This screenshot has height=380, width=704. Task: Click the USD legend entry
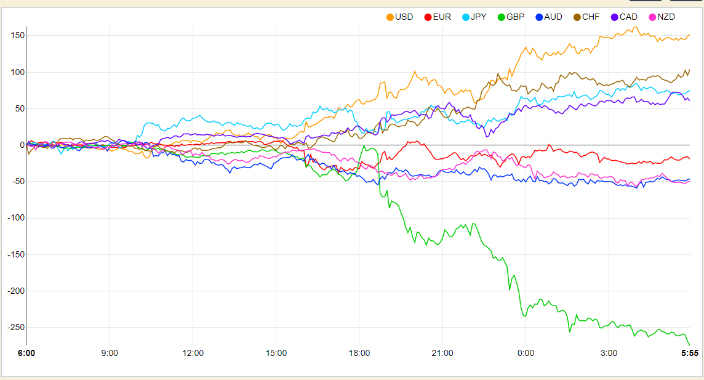pyautogui.click(x=399, y=17)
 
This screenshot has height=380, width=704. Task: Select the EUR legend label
pyautogui.click(x=438, y=17)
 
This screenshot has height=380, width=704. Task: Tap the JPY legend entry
pyautogui.click(x=474, y=17)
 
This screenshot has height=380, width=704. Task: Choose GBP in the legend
pyautogui.click(x=511, y=17)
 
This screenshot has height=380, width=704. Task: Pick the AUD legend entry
pyautogui.click(x=549, y=17)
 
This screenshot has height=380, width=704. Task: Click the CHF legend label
pyautogui.click(x=586, y=17)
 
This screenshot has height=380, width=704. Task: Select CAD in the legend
pyautogui.click(x=624, y=17)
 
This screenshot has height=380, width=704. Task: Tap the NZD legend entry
pyautogui.click(x=662, y=17)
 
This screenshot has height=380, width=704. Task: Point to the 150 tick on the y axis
pyautogui.click(x=18, y=36)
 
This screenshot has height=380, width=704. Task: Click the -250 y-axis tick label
pyautogui.click(x=16, y=328)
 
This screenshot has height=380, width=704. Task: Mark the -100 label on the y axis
pyautogui.click(x=16, y=218)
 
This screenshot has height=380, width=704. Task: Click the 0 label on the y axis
pyautogui.click(x=22, y=145)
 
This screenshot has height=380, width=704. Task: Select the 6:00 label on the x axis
pyautogui.click(x=26, y=353)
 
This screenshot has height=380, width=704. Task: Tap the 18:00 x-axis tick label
pyautogui.click(x=359, y=353)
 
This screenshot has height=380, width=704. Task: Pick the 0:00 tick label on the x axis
pyautogui.click(x=526, y=353)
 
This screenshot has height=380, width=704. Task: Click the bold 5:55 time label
pyautogui.click(x=690, y=353)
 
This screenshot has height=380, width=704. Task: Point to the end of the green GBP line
pyautogui.click(x=690, y=345)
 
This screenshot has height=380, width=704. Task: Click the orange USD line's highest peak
pyautogui.click(x=635, y=27)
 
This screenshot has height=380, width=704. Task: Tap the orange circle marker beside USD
pyautogui.click(x=390, y=17)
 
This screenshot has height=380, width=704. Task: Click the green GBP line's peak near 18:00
pyautogui.click(x=364, y=145)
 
